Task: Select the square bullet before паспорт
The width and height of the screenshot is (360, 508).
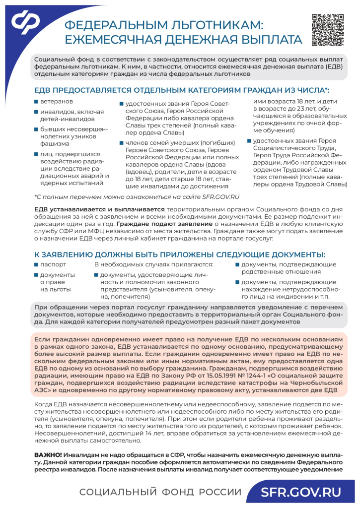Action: (x=36, y=264)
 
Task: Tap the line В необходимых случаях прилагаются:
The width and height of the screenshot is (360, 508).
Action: (x=153, y=264)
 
